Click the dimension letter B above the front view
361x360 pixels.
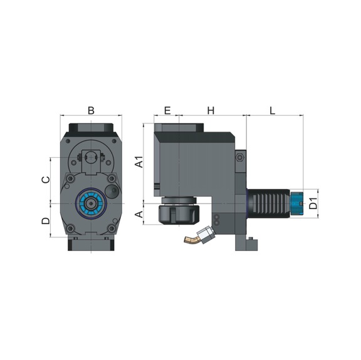91,110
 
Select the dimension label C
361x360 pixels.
45,180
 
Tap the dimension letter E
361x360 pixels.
167,110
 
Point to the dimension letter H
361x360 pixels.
211,110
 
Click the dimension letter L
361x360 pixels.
273,110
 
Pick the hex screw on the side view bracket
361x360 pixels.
239,158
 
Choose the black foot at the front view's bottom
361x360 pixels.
91,245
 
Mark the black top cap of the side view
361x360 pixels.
180,128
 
